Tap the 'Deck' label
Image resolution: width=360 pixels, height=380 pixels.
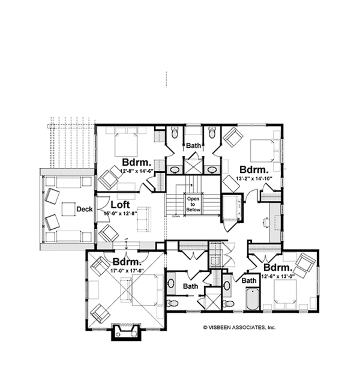point(83,209)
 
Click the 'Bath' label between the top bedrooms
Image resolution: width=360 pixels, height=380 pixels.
point(193,146)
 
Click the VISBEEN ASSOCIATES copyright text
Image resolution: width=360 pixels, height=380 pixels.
point(239,328)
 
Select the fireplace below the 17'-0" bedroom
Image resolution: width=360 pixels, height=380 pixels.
point(125,331)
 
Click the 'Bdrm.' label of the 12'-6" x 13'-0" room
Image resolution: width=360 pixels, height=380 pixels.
point(278,267)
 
